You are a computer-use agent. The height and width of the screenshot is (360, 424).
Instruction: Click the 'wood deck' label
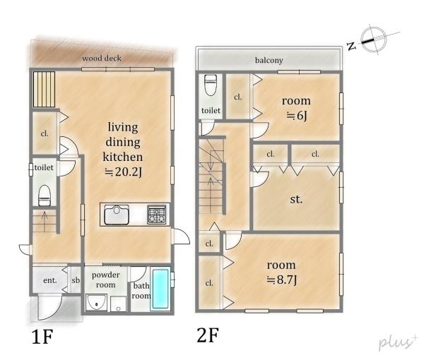click(102, 58)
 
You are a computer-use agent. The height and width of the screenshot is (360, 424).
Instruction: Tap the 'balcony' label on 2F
click(269, 60)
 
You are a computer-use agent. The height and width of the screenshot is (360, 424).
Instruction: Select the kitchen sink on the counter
click(117, 215)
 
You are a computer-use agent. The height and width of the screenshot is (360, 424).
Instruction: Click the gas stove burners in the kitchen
click(157, 215)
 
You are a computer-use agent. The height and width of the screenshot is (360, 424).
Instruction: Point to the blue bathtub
click(160, 289)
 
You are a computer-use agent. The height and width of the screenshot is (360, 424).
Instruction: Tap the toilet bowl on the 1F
click(45, 196)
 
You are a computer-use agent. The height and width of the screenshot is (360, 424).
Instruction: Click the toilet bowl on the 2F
click(211, 85)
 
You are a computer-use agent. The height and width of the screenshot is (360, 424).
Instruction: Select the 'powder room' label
click(105, 280)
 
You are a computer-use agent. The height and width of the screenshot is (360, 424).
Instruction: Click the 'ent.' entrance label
click(50, 280)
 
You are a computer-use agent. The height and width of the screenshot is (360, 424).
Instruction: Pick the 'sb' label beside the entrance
click(76, 280)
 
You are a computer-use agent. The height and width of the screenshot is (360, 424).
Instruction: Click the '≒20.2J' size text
click(123, 172)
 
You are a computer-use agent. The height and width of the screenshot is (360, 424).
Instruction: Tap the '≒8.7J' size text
click(282, 280)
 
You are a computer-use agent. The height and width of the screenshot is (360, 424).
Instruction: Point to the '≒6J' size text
click(297, 116)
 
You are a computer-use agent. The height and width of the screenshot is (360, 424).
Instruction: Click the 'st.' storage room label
click(296, 199)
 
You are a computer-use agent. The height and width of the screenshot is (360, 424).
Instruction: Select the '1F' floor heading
click(42, 337)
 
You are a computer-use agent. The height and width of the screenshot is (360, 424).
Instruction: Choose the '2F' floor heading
click(208, 335)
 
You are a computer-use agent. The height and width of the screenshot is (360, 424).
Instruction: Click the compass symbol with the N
click(373, 40)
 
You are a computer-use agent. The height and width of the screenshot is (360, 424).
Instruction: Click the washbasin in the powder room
click(97, 303)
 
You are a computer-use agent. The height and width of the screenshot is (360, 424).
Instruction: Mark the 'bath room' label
click(141, 291)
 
